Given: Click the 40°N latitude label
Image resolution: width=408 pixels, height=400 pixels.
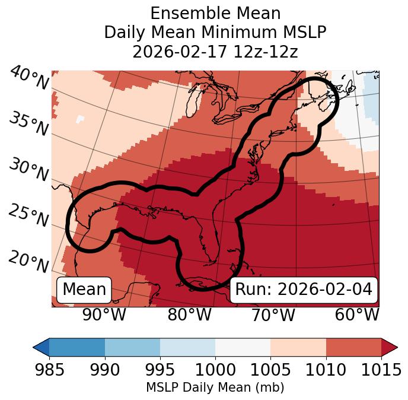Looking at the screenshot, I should click(x=28, y=78).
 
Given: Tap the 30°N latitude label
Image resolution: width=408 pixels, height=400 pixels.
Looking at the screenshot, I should click(x=28, y=170).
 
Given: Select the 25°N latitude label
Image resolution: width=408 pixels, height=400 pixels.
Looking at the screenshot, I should click(x=28, y=216).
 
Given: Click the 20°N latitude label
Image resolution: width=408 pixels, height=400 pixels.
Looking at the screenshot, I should click(x=28, y=262).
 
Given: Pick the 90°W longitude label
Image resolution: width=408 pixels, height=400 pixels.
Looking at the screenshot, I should click(x=104, y=315).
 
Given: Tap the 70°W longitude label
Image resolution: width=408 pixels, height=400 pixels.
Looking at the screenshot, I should click(x=273, y=315).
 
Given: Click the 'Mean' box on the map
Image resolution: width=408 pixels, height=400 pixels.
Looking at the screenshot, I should click(x=84, y=290).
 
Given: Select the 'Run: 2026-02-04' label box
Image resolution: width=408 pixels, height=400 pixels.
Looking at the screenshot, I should click(x=304, y=290).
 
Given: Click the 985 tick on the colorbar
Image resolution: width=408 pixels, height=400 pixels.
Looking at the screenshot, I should click(x=49, y=370).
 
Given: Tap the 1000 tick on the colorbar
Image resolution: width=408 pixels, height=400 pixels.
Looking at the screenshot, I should click(x=215, y=370).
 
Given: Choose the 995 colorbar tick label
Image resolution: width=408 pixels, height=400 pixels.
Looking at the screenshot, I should click(x=160, y=370).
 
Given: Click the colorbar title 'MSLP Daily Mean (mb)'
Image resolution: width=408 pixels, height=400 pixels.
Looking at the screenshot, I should click(x=215, y=388).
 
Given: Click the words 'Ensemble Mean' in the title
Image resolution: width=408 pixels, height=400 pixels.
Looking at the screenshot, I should click(x=215, y=13).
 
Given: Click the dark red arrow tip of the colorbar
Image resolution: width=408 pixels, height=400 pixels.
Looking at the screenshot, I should click(x=390, y=347).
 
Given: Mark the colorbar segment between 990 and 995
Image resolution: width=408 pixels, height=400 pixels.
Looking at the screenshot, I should click(x=132, y=347).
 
